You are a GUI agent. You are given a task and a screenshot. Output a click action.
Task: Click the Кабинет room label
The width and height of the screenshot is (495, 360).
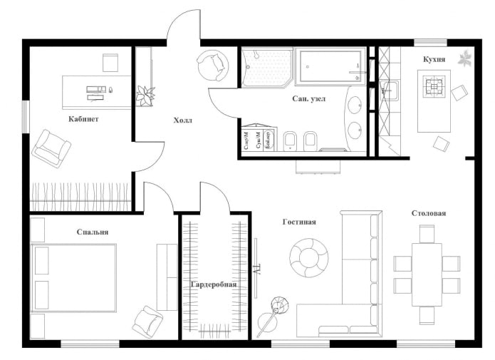83,119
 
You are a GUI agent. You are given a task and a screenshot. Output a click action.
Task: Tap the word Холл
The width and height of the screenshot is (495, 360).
183,120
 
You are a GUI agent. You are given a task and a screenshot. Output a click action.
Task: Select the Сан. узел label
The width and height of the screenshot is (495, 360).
309,99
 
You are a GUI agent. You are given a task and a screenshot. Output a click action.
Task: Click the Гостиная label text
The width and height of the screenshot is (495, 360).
298,222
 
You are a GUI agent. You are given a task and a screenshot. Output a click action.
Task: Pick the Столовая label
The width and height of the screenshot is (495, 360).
429,213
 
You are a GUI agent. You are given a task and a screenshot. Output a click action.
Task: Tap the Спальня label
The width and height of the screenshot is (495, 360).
93,232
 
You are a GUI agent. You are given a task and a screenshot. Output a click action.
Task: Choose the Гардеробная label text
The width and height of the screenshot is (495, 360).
214,284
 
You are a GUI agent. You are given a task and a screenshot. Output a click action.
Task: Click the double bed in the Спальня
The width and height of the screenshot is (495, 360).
74,278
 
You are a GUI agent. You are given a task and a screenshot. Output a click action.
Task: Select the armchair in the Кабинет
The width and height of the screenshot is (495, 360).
51,148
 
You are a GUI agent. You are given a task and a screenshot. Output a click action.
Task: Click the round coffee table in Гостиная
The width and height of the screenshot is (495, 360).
309,257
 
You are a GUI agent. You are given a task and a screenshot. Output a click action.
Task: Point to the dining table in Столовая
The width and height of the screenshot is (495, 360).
427,274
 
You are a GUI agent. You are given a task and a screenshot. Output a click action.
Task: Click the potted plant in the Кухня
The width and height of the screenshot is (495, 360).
464,56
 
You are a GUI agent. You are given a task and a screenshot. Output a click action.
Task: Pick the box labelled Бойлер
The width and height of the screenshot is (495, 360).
268,139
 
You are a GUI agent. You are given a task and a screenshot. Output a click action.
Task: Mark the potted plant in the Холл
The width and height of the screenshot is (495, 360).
146,95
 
